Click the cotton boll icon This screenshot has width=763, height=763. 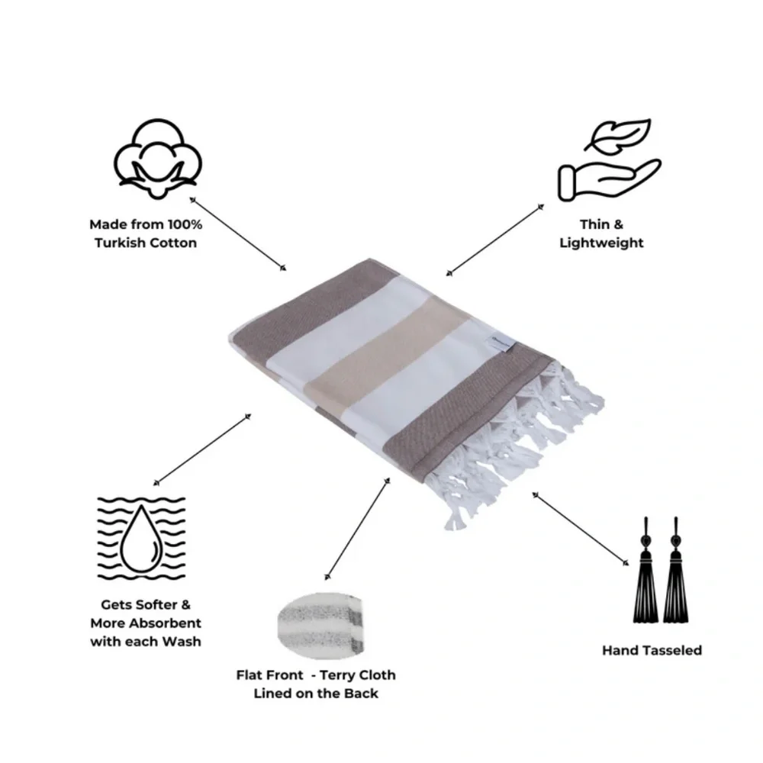pos(157,159)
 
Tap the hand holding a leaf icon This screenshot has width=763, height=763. pos(609,160)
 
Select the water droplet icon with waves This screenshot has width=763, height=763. pos(141,538)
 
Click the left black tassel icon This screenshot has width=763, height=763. pos(645,570)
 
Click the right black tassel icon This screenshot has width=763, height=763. pos(675,570)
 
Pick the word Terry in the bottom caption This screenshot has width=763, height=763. pos(338,676)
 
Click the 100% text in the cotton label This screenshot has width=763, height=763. pos(185,224)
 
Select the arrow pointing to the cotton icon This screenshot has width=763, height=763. pos(238,233)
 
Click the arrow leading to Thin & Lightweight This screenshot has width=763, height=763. pos(495,240)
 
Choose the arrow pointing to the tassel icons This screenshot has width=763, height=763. pos(581,529)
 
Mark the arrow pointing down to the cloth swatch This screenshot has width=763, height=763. pos(357,529)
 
